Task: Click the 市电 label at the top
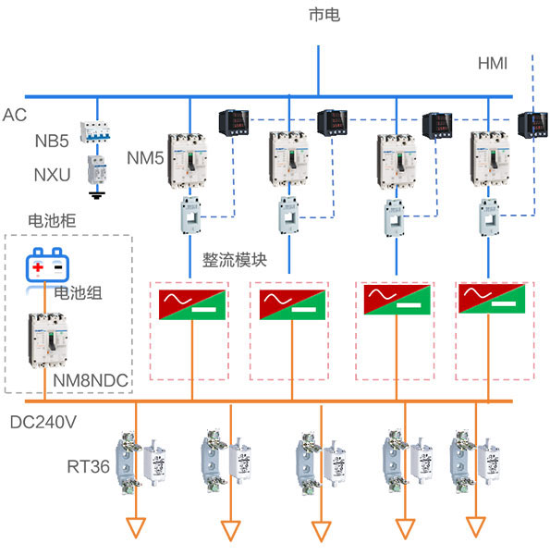point(325,15)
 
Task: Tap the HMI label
point(493,64)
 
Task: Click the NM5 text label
point(145,158)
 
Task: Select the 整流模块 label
point(234,260)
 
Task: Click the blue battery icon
point(46,267)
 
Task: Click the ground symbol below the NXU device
point(94,195)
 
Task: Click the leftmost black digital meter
point(230,123)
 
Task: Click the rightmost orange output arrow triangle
point(475,527)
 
